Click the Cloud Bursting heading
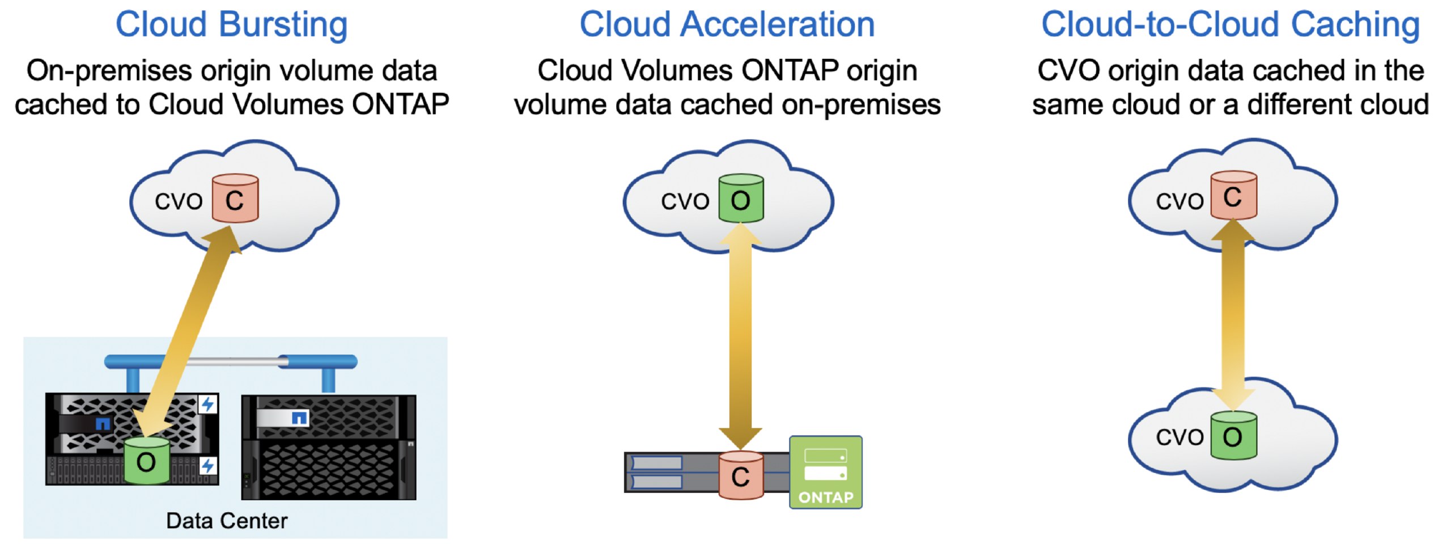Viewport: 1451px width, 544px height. [x=231, y=25]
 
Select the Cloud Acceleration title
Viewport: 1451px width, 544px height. [x=727, y=25]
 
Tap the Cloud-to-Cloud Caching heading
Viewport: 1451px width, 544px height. [x=1231, y=26]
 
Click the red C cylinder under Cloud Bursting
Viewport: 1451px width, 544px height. [x=235, y=198]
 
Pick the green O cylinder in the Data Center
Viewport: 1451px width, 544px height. [x=147, y=460]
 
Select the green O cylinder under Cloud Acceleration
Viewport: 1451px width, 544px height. [x=741, y=198]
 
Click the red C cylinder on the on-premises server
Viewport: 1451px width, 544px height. [x=741, y=475]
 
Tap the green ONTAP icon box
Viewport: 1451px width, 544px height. [x=826, y=472]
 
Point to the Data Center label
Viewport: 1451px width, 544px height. [x=227, y=521]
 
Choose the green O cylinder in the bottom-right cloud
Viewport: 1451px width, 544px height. [x=1234, y=435]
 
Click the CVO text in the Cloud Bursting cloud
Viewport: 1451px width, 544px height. [x=179, y=201]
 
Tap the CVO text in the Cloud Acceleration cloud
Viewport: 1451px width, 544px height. [x=685, y=201]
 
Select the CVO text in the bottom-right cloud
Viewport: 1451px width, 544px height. [x=1180, y=437]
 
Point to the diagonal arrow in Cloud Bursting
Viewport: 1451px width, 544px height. [x=188, y=332]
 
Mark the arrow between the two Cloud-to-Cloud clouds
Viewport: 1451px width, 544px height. [x=1233, y=315]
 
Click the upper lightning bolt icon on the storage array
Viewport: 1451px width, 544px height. [x=208, y=404]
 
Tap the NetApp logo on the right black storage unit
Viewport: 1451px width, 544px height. [x=299, y=419]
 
